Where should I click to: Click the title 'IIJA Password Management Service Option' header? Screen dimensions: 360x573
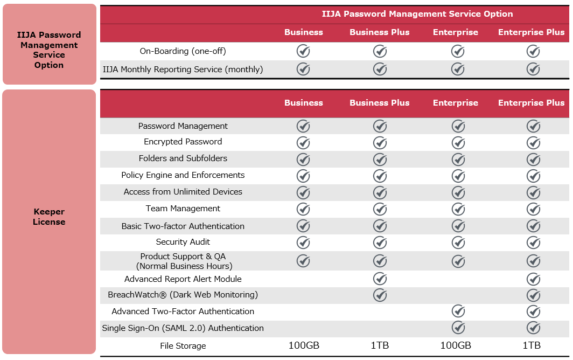pos(417,14)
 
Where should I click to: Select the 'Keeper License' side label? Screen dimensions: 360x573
pos(49,217)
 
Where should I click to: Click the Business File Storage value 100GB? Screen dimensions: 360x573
pos(304,345)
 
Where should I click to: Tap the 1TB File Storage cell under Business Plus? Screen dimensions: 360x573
pos(380,345)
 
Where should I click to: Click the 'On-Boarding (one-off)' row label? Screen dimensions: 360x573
pos(183,51)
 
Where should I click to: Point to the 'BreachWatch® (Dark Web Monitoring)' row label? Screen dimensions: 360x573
pos(183,295)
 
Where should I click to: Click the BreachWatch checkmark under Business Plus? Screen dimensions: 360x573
pos(380,295)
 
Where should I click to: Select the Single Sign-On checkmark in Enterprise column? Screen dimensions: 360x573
pos(458,328)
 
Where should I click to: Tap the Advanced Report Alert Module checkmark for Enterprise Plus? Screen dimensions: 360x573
pos(534,279)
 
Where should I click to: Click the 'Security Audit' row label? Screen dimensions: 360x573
pos(183,242)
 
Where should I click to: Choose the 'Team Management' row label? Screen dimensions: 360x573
pos(183,209)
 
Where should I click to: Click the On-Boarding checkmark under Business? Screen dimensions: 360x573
pos(304,51)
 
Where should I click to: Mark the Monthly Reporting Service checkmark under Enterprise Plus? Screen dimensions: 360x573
pos(534,69)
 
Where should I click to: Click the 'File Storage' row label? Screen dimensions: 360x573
pos(183,346)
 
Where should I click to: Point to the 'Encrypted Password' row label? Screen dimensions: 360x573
pos(183,142)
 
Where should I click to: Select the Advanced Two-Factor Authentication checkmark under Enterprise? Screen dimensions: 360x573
pos(458,311)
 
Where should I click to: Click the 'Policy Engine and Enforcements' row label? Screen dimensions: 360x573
pos(183,175)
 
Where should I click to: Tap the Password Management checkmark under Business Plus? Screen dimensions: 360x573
pos(380,126)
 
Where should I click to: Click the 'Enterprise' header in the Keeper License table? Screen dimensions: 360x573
pos(456,103)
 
